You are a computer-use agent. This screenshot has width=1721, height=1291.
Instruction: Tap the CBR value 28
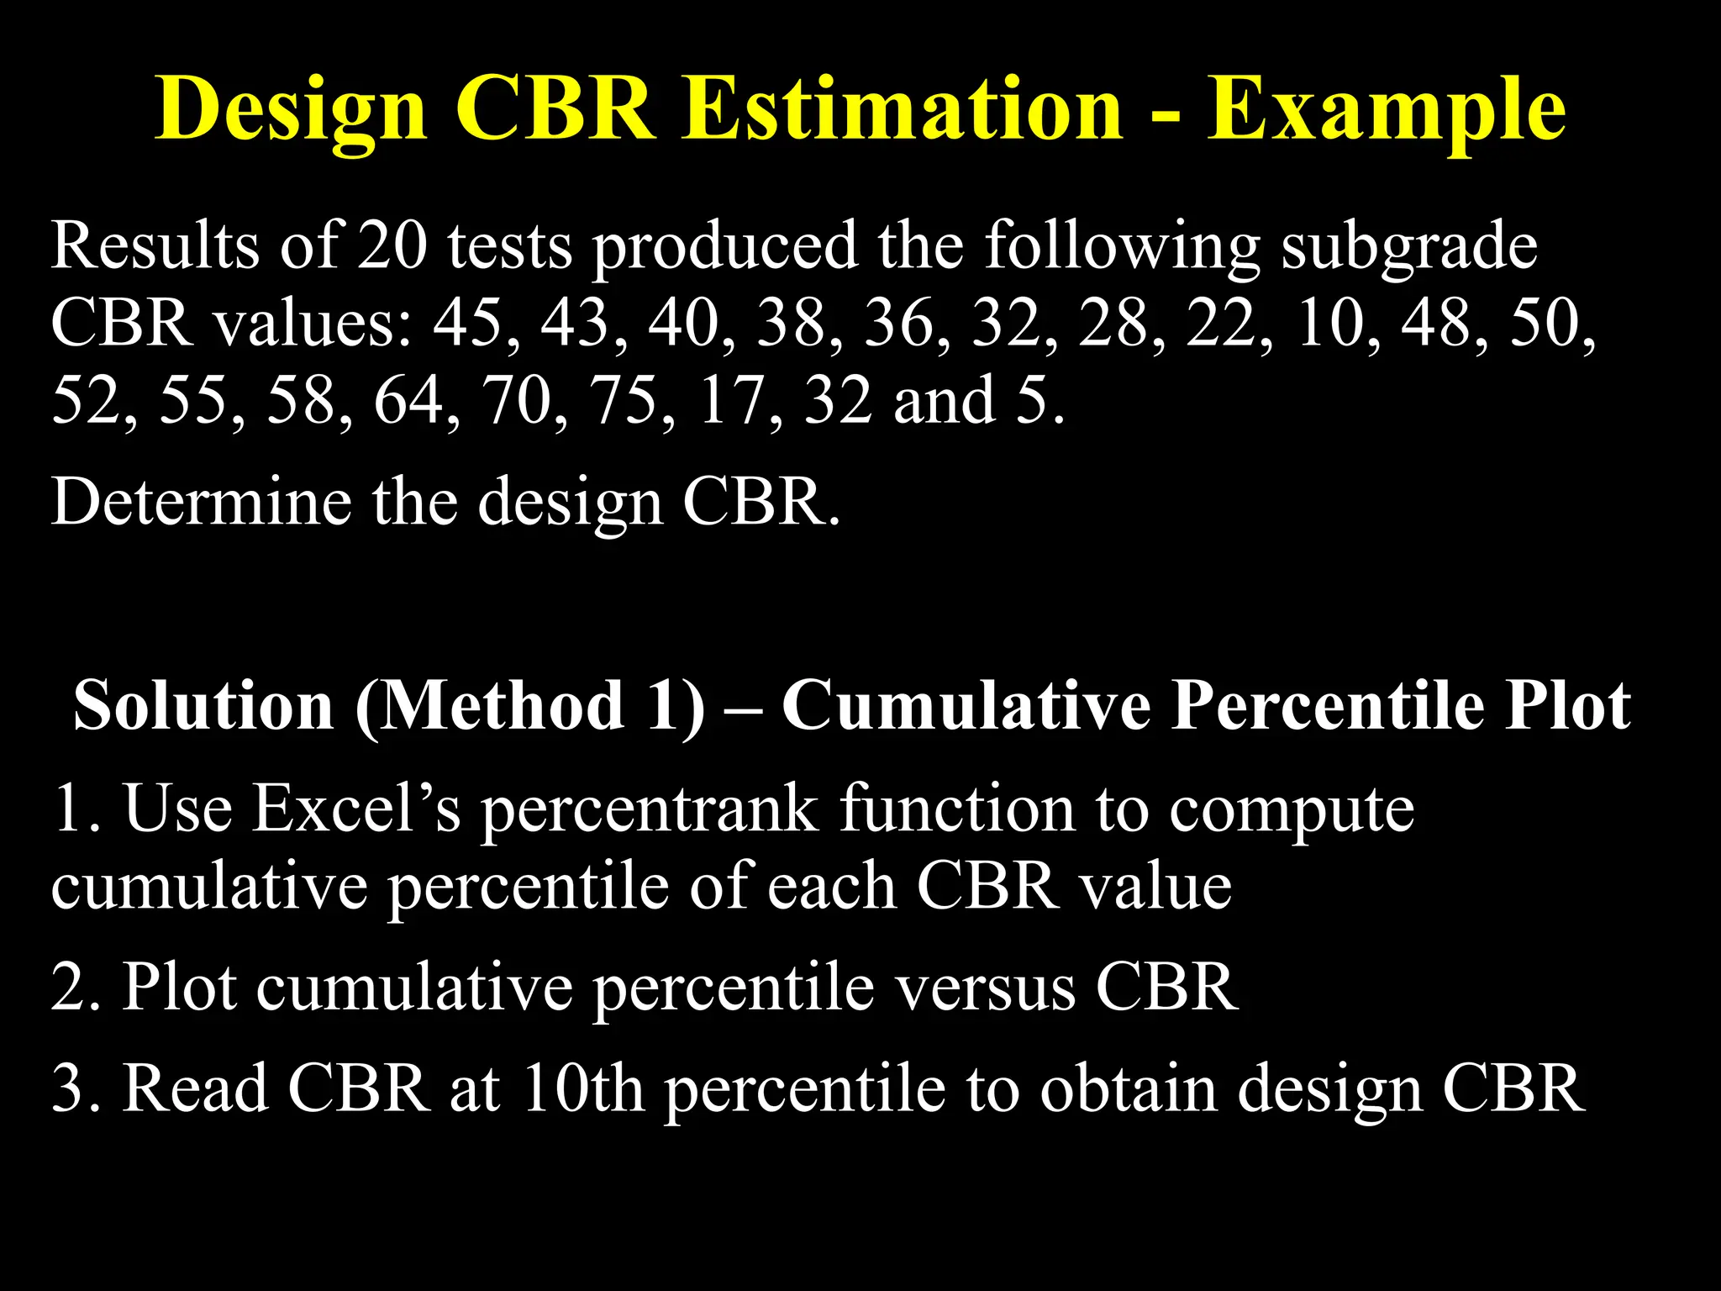click(1113, 323)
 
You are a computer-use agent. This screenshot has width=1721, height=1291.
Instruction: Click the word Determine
click(202, 502)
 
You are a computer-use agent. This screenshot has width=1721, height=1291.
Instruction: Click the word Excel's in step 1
click(357, 808)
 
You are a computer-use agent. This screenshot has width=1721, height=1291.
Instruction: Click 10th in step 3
click(583, 1088)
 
